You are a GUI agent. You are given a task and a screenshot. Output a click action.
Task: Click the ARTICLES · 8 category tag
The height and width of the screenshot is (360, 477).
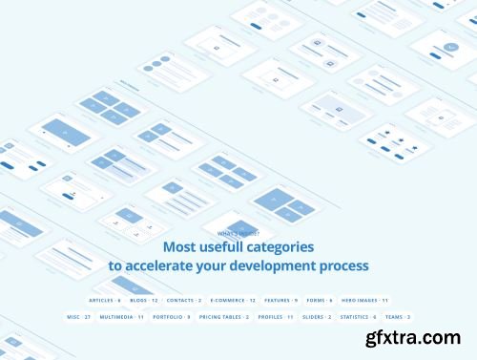click(x=105, y=300)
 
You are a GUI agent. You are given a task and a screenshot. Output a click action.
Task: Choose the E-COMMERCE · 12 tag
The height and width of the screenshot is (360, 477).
click(x=234, y=300)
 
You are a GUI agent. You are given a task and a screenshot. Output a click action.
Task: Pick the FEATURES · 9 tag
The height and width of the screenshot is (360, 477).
click(x=281, y=300)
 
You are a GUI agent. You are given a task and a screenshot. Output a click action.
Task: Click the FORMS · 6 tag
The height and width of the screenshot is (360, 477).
click(x=321, y=300)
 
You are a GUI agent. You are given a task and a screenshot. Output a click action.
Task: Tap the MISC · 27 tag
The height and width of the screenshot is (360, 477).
click(x=79, y=316)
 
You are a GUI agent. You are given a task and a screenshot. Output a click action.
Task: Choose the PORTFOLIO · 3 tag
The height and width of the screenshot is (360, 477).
click(x=174, y=316)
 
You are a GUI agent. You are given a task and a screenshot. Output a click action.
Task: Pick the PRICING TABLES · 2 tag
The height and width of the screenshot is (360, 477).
click(x=224, y=316)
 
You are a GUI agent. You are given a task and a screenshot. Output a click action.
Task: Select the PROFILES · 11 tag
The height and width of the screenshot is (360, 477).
click(x=277, y=316)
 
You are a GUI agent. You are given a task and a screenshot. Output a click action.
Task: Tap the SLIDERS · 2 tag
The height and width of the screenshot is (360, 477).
click(x=318, y=316)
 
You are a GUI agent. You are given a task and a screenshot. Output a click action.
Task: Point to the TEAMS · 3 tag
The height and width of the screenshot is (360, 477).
click(x=398, y=316)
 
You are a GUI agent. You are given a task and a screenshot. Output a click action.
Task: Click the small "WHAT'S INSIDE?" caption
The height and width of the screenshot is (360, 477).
click(x=238, y=233)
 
